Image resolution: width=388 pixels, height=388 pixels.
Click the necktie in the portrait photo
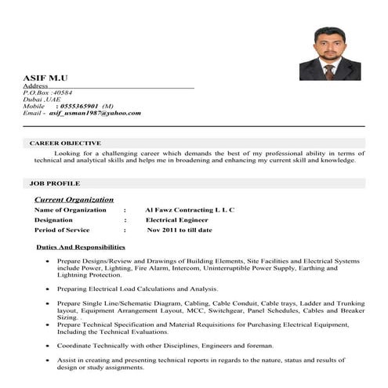(329, 71)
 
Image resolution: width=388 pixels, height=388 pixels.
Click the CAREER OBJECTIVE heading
(65, 143)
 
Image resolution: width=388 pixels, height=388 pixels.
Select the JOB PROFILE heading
(55, 183)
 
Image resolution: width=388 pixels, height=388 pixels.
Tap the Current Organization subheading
(74, 200)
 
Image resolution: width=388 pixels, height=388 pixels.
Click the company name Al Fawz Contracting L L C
(190, 210)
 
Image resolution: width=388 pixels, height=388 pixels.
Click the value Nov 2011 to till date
(179, 230)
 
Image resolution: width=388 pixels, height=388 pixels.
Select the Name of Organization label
(71, 210)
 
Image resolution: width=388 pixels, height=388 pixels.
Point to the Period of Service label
(62, 230)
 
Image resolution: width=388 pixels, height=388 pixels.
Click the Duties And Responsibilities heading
(81, 247)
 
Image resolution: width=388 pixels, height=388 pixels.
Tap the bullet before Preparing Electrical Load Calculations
(49, 289)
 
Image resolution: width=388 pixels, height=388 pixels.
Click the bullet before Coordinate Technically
(49, 346)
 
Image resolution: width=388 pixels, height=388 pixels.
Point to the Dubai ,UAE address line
(42, 100)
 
